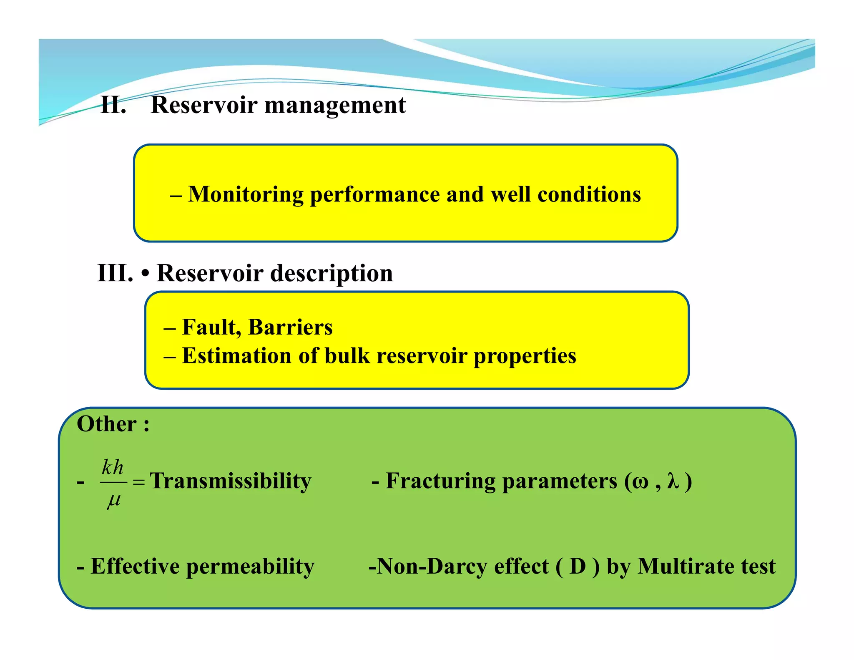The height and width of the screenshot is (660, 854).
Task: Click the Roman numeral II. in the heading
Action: [113, 105]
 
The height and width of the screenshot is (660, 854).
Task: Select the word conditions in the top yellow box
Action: [589, 195]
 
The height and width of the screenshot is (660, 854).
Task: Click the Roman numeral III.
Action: [115, 274]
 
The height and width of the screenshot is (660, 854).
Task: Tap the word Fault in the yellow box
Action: [211, 327]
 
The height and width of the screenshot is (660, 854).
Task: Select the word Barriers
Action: [290, 327]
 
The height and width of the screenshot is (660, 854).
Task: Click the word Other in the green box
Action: [107, 424]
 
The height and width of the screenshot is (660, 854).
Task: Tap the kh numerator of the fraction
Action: [113, 467]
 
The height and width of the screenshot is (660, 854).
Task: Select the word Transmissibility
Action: [231, 481]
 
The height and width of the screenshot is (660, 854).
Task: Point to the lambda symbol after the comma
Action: [673, 481]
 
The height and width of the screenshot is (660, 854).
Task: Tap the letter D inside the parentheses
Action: [578, 567]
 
